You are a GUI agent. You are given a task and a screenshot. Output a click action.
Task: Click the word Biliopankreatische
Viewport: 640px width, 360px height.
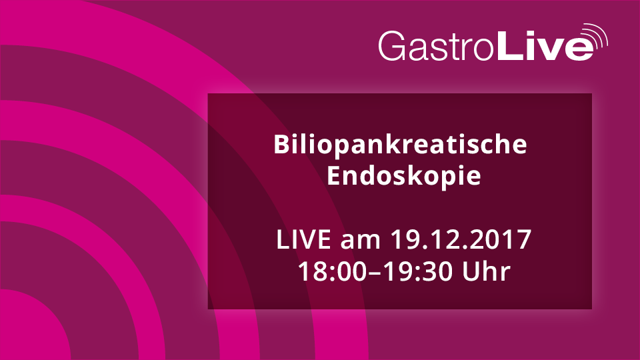400,145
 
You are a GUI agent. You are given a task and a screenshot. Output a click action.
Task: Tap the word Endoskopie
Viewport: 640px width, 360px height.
404,176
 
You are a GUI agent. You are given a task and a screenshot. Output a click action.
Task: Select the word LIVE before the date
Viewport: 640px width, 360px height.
303,239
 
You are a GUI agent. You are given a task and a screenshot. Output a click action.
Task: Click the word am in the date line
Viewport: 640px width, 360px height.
361,241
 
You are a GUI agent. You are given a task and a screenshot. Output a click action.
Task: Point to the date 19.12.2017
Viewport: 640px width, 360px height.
461,239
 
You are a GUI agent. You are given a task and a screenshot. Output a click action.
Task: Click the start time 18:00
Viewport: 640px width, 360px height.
332,271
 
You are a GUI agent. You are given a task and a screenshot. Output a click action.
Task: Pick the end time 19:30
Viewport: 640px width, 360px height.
419,271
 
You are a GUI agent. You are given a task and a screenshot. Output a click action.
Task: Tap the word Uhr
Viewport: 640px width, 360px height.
486,271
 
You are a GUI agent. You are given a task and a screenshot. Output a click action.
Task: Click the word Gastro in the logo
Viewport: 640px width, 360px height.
436,46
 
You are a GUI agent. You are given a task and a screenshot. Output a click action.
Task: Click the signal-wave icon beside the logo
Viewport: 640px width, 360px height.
595,36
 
